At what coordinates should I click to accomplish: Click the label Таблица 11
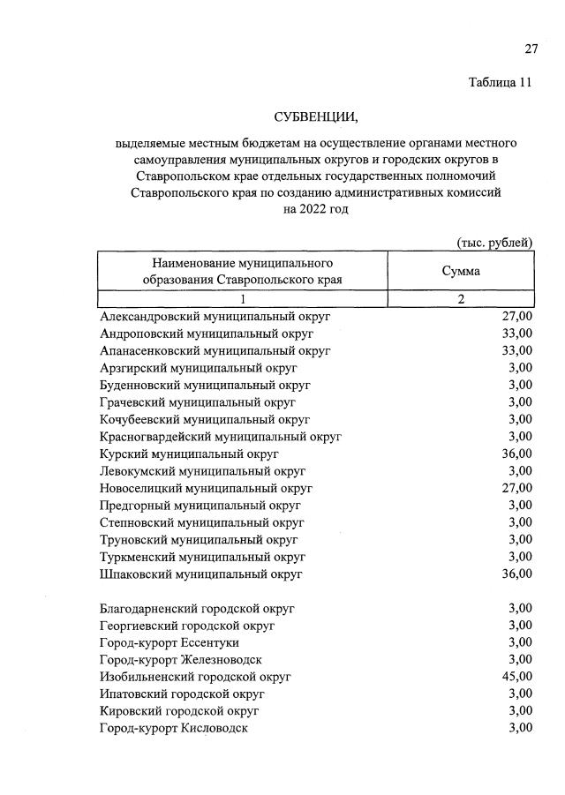[x=501, y=84]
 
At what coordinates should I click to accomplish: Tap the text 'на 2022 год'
[x=316, y=210]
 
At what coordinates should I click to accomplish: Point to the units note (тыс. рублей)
[x=494, y=243]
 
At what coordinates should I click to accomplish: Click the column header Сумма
[x=461, y=272]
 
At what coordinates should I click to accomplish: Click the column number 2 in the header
[x=461, y=300]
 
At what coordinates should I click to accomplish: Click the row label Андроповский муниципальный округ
[x=207, y=334]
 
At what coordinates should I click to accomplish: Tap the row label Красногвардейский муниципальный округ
[x=221, y=436]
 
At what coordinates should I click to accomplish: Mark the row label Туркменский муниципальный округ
[x=203, y=557]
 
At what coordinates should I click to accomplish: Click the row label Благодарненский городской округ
[x=198, y=608]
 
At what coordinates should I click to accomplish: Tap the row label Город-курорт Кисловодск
[x=174, y=728]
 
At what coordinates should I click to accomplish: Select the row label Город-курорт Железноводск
[x=181, y=659]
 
